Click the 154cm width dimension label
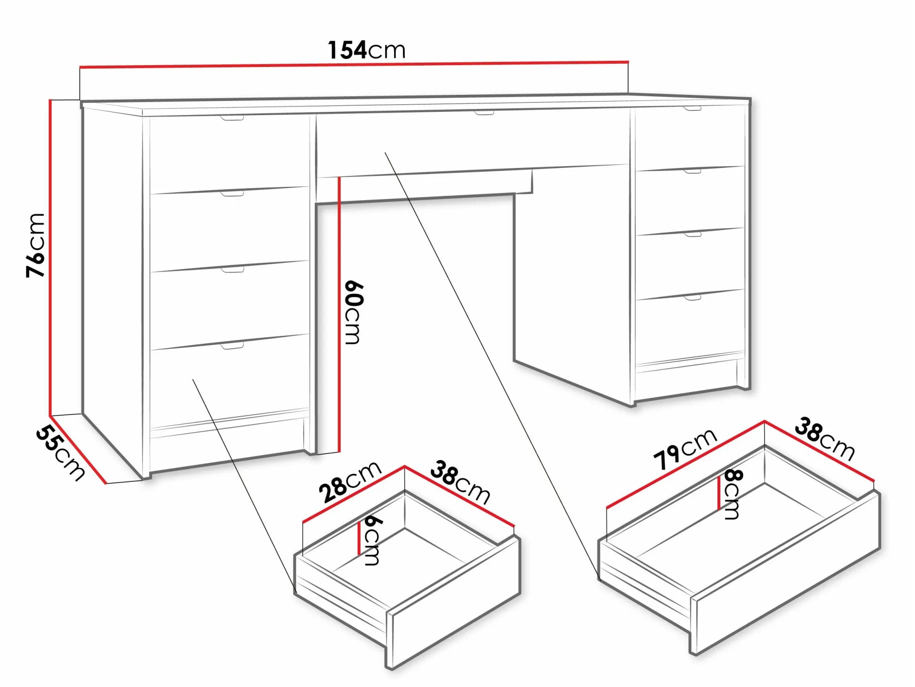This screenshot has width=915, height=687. [x=366, y=50]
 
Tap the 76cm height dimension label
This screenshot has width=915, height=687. [x=36, y=245]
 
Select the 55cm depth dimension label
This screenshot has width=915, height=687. [x=60, y=453]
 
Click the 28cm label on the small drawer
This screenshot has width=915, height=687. [x=350, y=482]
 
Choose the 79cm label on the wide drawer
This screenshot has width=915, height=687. [x=685, y=450]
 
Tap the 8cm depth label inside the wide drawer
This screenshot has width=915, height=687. [x=732, y=494]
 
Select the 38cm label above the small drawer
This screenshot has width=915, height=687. [x=460, y=482]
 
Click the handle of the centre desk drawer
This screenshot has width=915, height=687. [x=484, y=113]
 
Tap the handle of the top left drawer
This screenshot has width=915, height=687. [x=233, y=117]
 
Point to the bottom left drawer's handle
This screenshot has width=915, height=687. [x=233, y=346]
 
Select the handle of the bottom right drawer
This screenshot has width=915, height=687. [x=692, y=298]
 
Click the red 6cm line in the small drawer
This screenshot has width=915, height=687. [x=359, y=537]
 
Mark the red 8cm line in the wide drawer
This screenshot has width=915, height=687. [x=719, y=493]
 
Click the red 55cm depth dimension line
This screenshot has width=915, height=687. [x=78, y=449]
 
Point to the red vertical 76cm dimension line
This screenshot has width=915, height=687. [x=50, y=257]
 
